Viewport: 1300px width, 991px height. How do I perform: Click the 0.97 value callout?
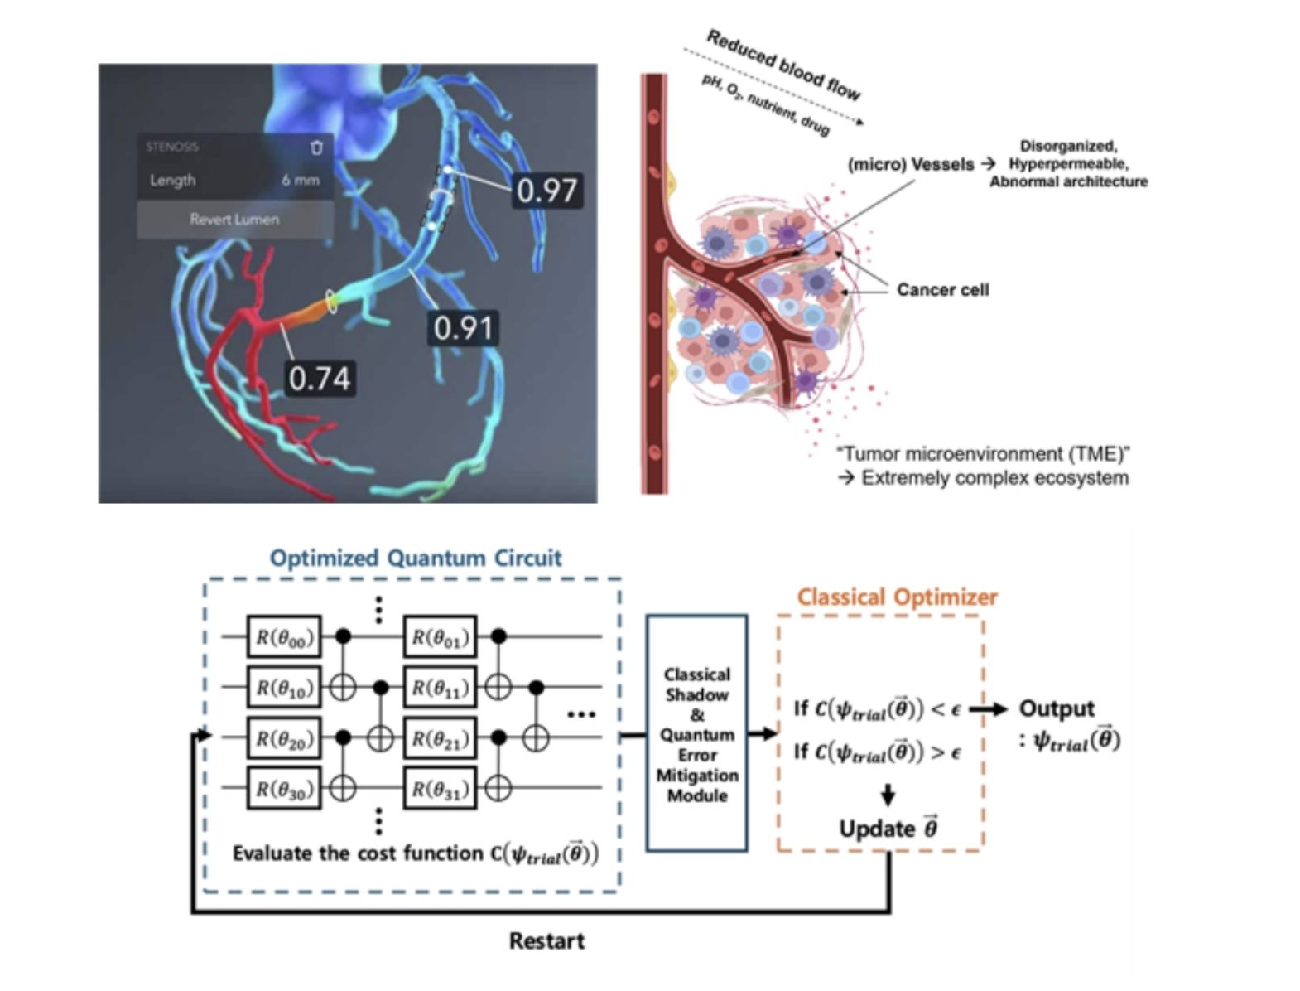546,191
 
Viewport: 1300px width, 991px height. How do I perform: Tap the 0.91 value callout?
464,328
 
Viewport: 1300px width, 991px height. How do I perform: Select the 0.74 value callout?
320,378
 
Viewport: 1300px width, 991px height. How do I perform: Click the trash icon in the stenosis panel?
316,147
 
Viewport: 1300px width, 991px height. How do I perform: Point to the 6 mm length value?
300,180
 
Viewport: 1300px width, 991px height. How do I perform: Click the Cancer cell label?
942,290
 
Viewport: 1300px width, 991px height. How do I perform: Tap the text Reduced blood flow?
782,64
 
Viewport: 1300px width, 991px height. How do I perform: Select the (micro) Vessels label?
911,165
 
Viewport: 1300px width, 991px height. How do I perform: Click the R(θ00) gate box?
284,637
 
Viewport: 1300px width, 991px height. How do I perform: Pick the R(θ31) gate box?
440,788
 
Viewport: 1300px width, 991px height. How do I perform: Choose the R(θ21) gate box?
440,737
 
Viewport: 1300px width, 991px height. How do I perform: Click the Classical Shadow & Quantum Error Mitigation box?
696,734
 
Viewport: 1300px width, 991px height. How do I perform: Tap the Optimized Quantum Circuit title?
416,558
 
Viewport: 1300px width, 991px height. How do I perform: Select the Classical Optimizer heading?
898,597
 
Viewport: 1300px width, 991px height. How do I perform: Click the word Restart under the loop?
546,940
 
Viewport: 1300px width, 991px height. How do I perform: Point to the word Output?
1057,708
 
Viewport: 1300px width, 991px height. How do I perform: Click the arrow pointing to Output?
989,709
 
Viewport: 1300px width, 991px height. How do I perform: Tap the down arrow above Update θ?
888,795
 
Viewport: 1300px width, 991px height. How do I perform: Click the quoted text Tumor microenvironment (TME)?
984,454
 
